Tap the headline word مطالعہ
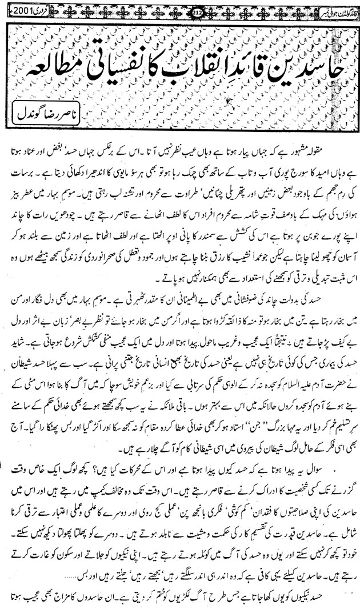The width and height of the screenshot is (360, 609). pos(46,55)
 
